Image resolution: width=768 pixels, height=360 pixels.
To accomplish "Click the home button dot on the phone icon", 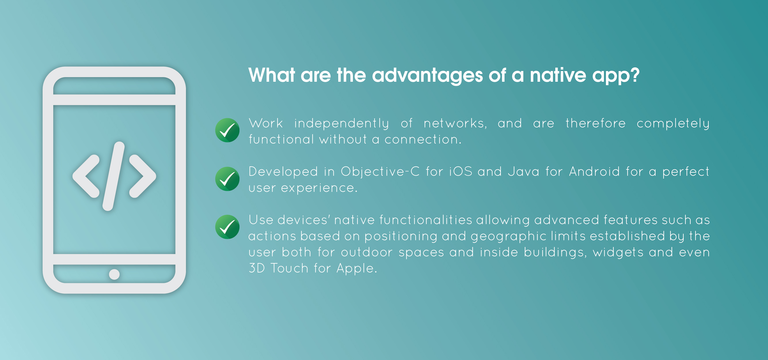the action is pyautogui.click(x=114, y=274).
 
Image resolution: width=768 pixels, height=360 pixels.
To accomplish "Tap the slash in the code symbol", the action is pyautogui.click(x=114, y=176).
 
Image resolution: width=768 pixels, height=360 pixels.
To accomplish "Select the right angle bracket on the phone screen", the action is pyautogui.click(x=142, y=176).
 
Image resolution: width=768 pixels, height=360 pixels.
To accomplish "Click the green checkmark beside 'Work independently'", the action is pyautogui.click(x=227, y=130).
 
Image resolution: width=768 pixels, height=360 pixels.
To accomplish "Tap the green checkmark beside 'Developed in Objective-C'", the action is pyautogui.click(x=227, y=179).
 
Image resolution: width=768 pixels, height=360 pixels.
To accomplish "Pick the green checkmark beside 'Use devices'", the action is pyautogui.click(x=227, y=227).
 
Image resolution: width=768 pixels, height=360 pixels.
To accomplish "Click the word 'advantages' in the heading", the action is pyautogui.click(x=427, y=76).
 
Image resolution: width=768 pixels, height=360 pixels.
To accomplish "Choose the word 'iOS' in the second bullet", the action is pyautogui.click(x=461, y=172).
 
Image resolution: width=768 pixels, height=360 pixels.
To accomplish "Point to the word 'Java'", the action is pyautogui.click(x=524, y=172).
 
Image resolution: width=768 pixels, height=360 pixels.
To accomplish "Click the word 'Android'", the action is pyautogui.click(x=594, y=172).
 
